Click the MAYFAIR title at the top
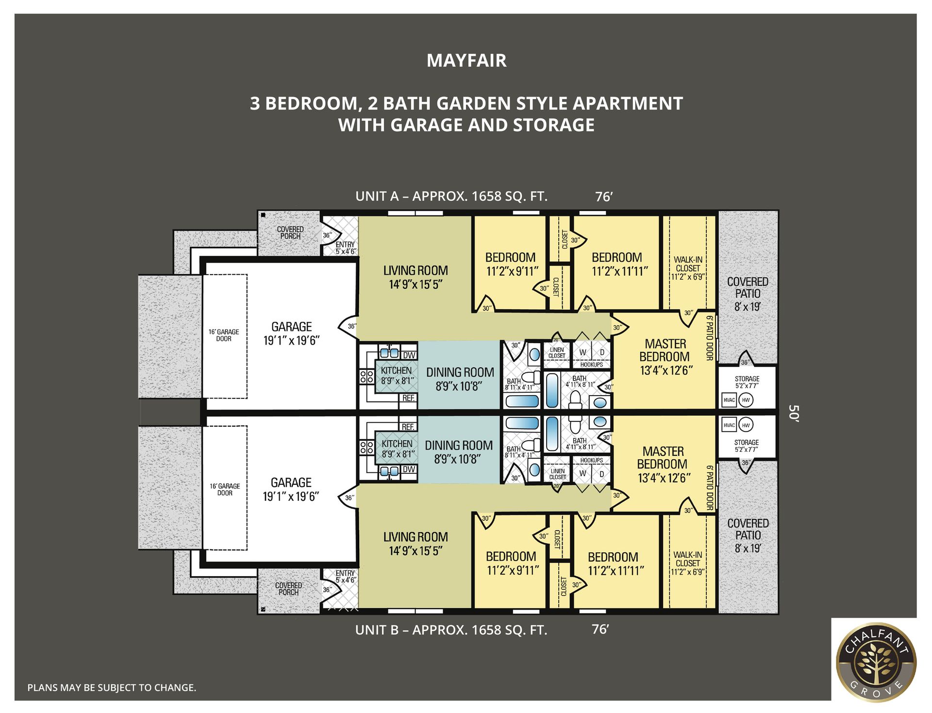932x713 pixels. click(466, 61)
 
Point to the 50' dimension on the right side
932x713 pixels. click(793, 414)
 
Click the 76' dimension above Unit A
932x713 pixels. click(603, 197)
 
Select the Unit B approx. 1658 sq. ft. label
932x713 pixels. click(451, 630)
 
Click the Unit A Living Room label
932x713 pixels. click(416, 271)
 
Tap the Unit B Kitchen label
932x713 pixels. click(397, 444)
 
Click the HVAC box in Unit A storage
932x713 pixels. click(729, 400)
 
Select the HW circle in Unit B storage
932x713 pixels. click(746, 425)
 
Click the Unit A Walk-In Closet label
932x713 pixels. click(688, 264)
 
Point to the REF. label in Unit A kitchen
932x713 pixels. click(408, 398)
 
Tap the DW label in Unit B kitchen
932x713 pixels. click(409, 469)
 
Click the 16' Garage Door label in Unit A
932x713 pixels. click(224, 335)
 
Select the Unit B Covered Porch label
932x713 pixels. click(288, 589)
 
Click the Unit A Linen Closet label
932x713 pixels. click(557, 353)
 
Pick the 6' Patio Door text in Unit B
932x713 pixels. click(709, 487)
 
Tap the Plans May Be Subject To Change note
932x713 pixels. click(112, 688)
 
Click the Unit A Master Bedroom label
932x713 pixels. click(665, 350)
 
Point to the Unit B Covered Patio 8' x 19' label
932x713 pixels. click(748, 535)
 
